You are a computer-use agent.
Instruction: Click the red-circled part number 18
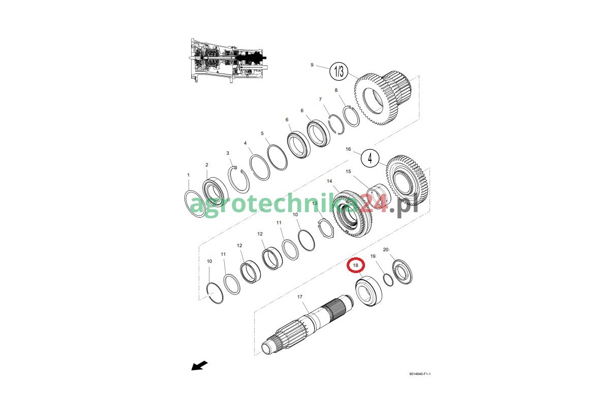point(355,265)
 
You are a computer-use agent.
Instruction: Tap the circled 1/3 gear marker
point(339,72)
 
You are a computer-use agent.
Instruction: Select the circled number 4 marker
point(370,158)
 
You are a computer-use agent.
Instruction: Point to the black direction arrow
point(199,365)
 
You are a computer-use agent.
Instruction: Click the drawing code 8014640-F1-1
point(420,374)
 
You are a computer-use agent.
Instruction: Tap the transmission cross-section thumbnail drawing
point(227,60)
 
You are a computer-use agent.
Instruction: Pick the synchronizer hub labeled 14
point(353,214)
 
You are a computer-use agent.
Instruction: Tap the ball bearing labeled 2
point(215,191)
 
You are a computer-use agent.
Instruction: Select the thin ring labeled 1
point(195,204)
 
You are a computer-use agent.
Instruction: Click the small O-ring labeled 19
point(388,280)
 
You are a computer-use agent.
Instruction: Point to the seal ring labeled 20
point(403,272)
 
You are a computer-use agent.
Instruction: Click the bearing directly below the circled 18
point(369,291)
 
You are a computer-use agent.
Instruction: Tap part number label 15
point(348,172)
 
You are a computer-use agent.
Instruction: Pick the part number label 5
point(262,133)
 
